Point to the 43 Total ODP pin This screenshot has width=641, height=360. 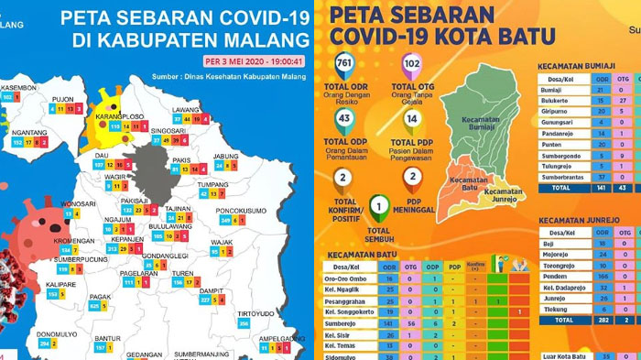pos(344,120)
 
